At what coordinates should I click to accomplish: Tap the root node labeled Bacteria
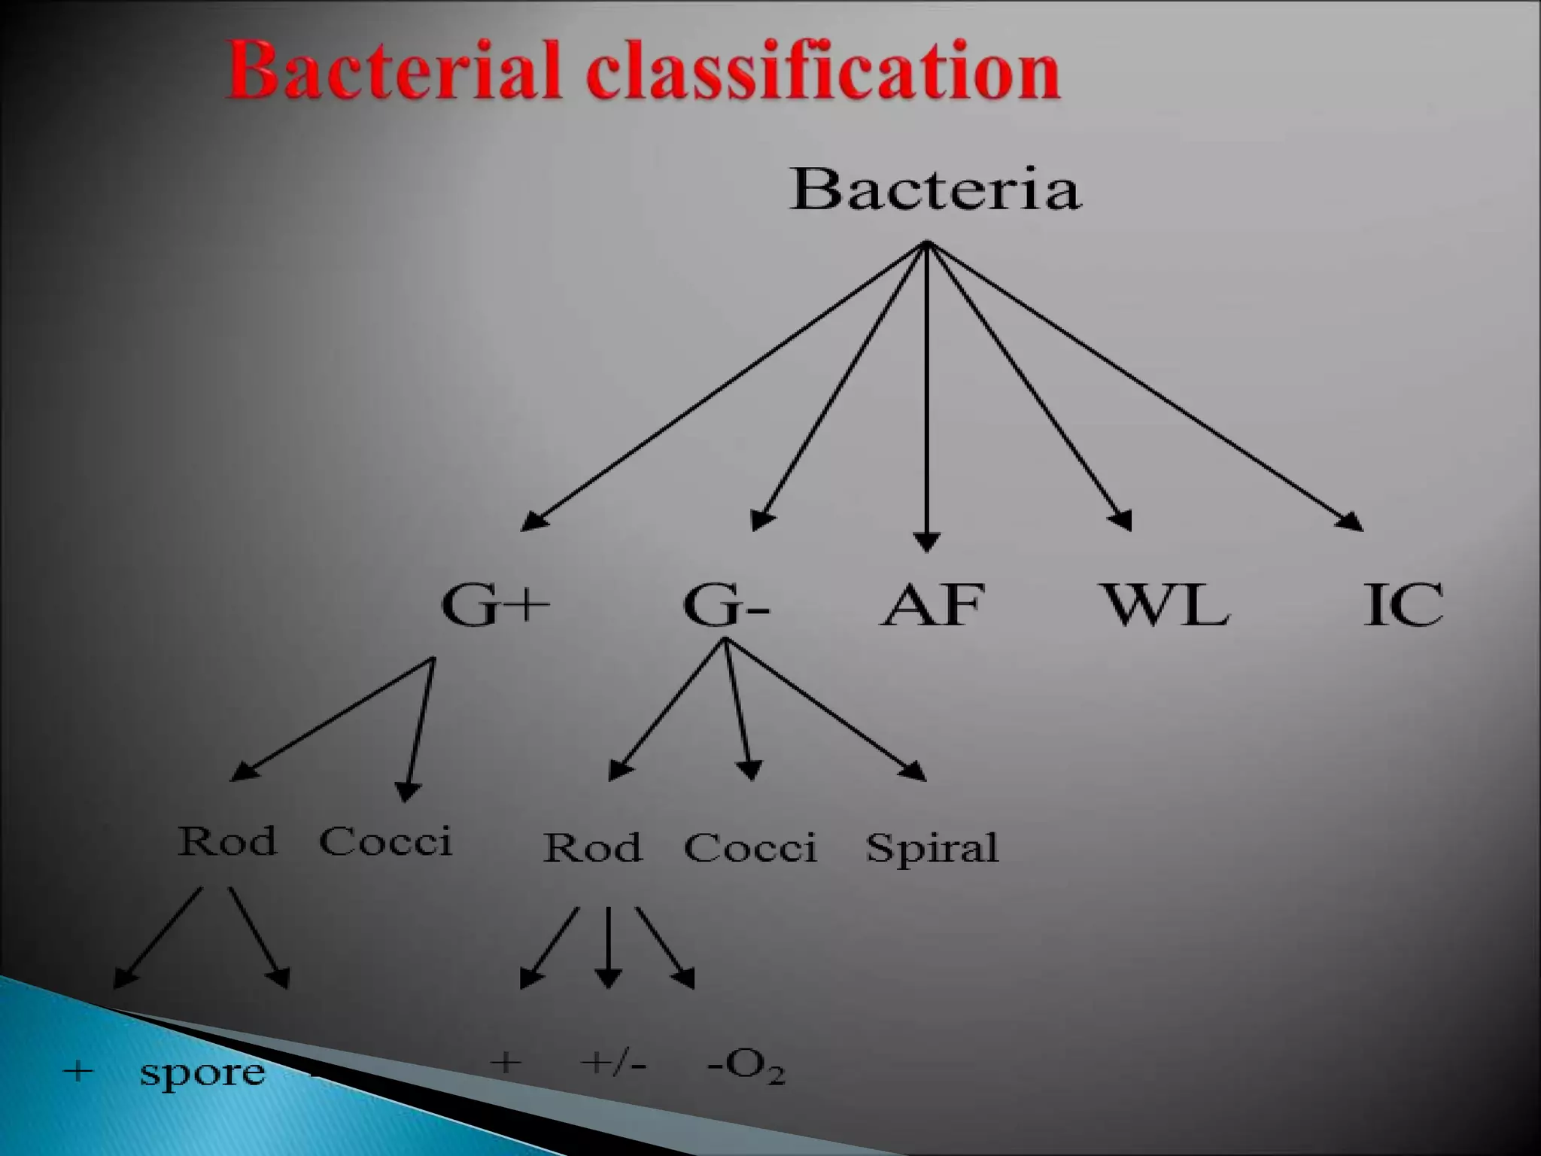(935, 189)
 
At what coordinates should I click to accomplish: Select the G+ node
(495, 604)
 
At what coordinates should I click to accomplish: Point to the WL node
(1166, 604)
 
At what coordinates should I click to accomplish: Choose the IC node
(1404, 604)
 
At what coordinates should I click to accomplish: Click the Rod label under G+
(227, 841)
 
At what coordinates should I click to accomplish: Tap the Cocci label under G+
(386, 841)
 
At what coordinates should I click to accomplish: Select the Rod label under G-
(593, 847)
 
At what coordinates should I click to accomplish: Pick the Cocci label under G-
(750, 847)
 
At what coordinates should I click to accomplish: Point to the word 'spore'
(202, 1072)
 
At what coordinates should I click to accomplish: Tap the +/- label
(613, 1063)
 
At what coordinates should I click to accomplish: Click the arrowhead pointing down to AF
(926, 541)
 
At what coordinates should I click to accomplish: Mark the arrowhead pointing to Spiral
(916, 772)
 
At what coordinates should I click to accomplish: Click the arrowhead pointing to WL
(1122, 521)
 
